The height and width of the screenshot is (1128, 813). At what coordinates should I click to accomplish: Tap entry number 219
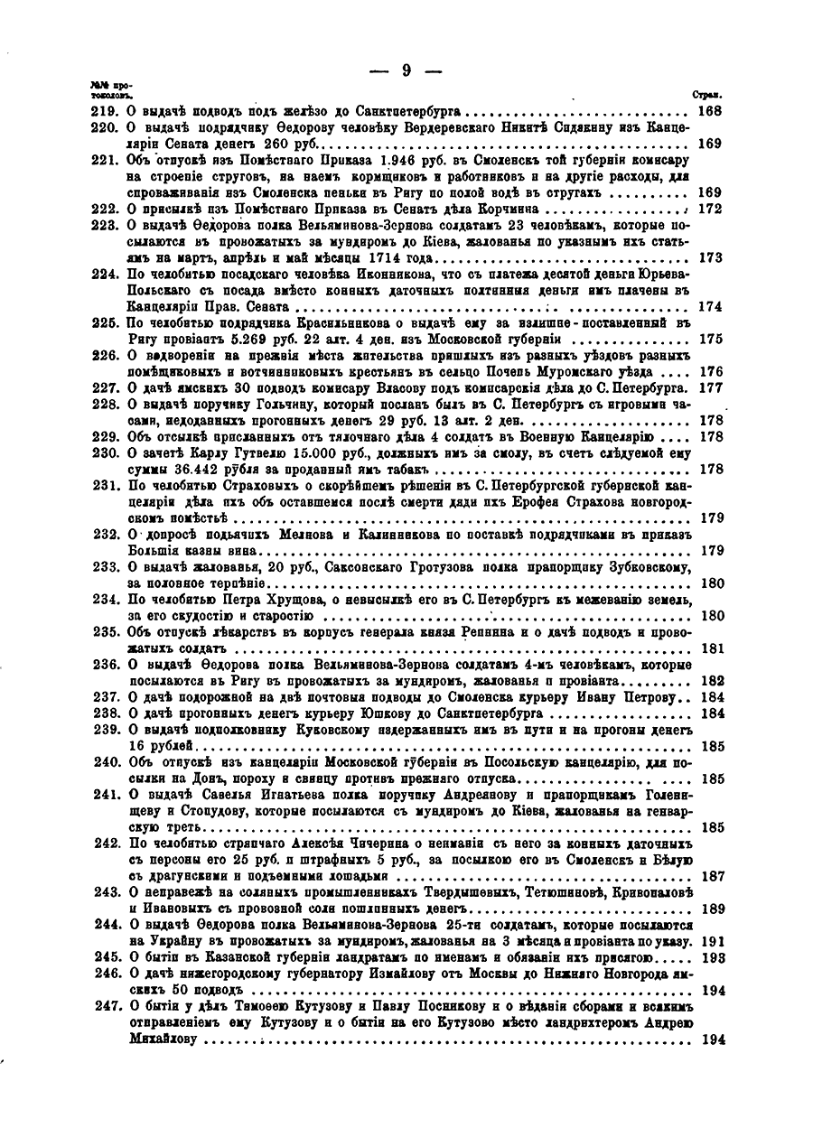[105, 111]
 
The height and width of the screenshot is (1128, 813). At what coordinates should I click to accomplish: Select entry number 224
[105, 275]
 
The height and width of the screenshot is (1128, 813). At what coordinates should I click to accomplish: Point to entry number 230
[105, 453]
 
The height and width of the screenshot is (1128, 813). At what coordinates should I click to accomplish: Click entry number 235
[105, 632]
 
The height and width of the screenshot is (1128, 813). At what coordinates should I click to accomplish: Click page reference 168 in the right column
[711, 111]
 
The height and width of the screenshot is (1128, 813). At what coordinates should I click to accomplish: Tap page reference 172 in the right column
[711, 209]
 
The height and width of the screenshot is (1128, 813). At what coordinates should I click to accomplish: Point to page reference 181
[711, 648]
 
